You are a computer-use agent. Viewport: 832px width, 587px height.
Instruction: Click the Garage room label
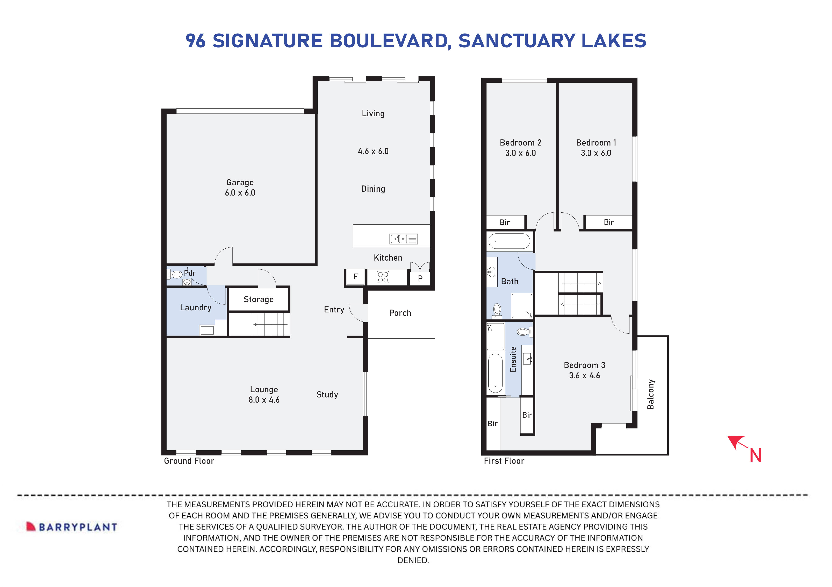tap(240, 183)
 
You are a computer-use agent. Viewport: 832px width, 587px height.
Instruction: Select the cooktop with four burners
tap(383, 277)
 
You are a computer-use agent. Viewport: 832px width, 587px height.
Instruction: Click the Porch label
tap(400, 313)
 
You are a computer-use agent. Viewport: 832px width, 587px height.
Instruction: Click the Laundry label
tap(196, 308)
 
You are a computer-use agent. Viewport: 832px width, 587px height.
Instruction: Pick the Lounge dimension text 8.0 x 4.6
tap(264, 400)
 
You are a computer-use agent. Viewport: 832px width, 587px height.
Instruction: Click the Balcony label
tap(651, 394)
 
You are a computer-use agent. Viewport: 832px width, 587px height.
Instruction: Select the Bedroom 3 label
tap(584, 365)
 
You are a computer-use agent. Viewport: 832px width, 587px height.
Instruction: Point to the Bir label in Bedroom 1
tap(609, 222)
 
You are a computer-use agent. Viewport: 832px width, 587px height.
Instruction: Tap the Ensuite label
tap(513, 359)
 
